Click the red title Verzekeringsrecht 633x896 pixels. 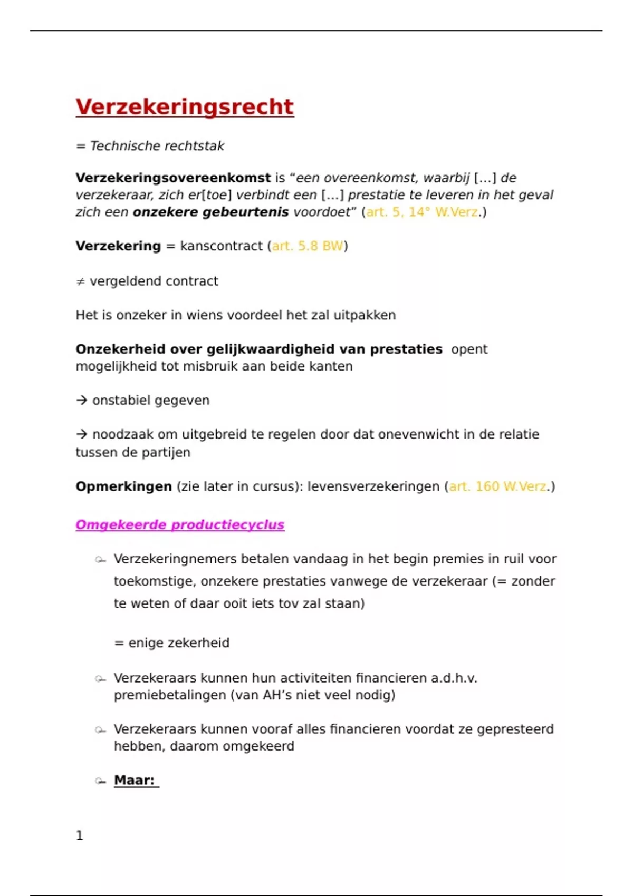(x=185, y=106)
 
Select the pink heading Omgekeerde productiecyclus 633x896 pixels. (x=180, y=525)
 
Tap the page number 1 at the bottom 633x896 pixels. (x=80, y=835)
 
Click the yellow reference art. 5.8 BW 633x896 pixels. (x=307, y=246)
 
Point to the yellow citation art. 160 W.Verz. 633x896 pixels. (x=498, y=486)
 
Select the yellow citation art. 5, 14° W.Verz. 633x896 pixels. (x=422, y=212)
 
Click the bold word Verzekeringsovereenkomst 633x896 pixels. (x=173, y=178)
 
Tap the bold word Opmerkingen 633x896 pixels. (x=123, y=486)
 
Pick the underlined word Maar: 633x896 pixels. (x=135, y=781)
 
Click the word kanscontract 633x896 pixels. (x=221, y=246)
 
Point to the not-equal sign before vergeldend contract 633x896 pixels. (x=80, y=282)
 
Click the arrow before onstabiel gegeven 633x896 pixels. (x=81, y=401)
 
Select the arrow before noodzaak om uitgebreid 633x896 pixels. (x=81, y=435)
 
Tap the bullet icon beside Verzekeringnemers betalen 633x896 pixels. (x=100, y=560)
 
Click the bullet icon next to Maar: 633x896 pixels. (x=100, y=781)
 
